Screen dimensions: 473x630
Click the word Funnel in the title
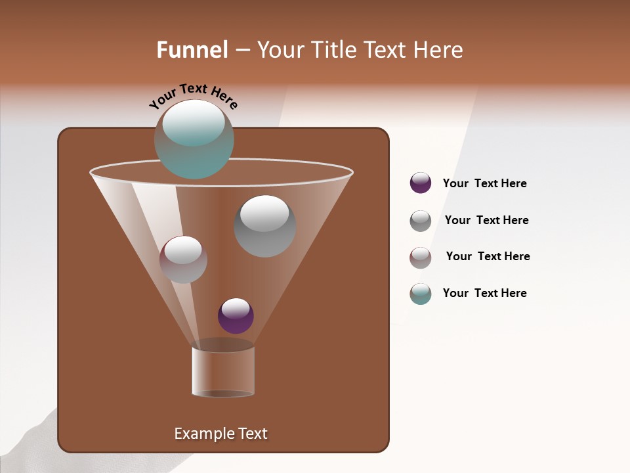point(192,50)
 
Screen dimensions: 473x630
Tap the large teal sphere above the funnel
point(194,139)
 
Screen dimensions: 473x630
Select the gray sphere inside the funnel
point(264,226)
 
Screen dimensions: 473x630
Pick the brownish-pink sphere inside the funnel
point(183,259)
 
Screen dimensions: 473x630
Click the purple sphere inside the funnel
point(236,316)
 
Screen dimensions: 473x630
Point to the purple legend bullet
point(421,183)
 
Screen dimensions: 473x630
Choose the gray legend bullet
point(421,221)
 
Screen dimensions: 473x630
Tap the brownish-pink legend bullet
point(421,258)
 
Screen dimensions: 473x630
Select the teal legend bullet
point(421,294)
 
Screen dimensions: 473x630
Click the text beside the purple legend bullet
point(484,184)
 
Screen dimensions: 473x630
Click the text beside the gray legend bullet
point(486,221)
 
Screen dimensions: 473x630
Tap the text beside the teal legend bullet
point(484,293)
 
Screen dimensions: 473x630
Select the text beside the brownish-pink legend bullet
point(488,256)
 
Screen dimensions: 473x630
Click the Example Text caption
point(220,434)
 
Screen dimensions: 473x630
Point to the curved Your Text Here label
point(194,95)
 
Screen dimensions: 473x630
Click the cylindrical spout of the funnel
point(223,371)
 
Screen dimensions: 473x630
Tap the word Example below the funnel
point(201,434)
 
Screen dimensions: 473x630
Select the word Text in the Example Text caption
point(250,434)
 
